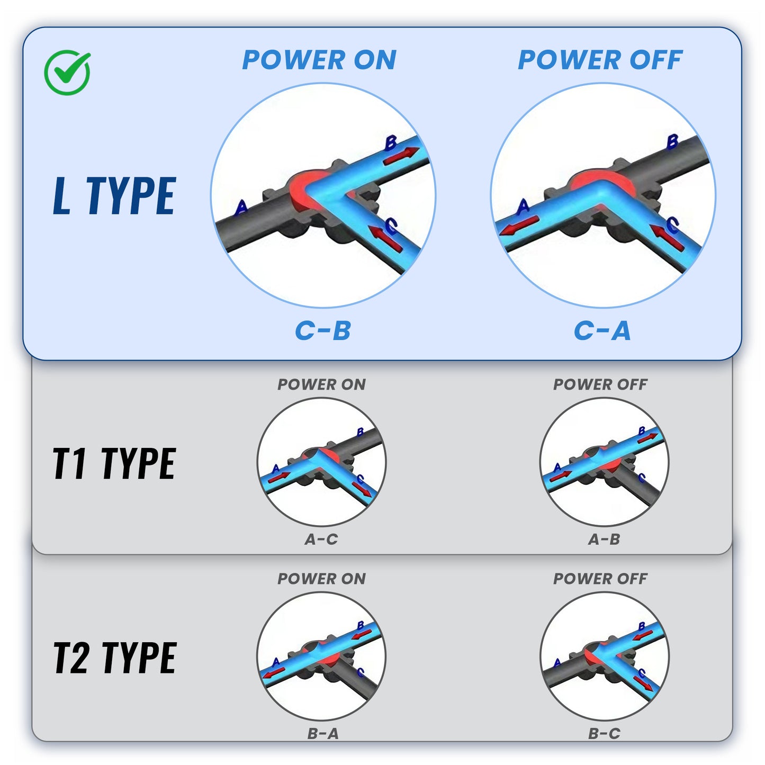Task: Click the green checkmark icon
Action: pos(67,73)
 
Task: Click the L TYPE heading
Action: pos(114,196)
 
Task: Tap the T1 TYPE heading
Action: pos(114,463)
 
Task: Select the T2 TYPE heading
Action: pos(114,658)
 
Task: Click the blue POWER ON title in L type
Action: pos(319,60)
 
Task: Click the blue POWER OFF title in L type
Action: pos(600,60)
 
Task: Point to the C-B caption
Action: pos(323,331)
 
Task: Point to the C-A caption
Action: pos(602,331)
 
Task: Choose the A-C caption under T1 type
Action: pos(321,539)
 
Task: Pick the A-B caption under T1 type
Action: pos(604,539)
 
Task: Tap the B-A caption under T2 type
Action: pos(322,733)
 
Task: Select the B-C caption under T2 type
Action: pos(604,733)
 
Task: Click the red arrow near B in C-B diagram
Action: pos(401,156)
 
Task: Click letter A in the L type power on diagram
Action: pos(241,207)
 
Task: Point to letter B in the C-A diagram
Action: pos(672,141)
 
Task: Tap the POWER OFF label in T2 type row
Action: pos(600,579)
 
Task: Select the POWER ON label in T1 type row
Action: pos(321,384)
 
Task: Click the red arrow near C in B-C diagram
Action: pos(643,684)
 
